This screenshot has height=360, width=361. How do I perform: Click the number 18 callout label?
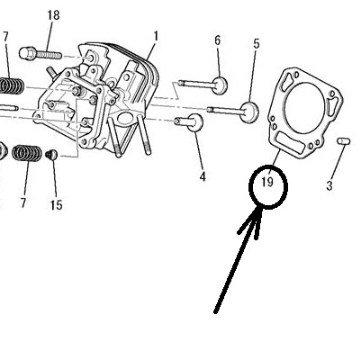[x=53, y=15]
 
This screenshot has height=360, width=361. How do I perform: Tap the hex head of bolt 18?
[x=27, y=53]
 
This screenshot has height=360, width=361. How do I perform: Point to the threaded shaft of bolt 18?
[x=49, y=55]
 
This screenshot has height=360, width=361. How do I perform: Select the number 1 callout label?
[x=156, y=37]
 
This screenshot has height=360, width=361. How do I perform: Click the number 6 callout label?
[x=217, y=40]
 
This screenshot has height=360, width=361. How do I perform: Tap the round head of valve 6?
[x=220, y=85]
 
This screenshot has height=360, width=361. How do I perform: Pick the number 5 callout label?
[x=256, y=44]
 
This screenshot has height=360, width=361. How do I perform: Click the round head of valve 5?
[x=249, y=112]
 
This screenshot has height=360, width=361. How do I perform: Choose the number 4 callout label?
[x=203, y=176]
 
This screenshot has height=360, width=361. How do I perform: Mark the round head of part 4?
[x=195, y=122]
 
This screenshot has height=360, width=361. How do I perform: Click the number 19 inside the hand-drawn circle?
[x=267, y=182]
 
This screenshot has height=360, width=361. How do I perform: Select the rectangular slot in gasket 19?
[x=290, y=142]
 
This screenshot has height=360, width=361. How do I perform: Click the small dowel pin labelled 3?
[x=343, y=140]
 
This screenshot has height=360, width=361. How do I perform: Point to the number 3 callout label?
[x=329, y=186]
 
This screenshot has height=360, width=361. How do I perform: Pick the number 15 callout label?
[x=56, y=205]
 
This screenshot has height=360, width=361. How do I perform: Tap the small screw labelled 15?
[x=51, y=154]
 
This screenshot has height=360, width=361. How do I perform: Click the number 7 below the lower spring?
[x=23, y=202]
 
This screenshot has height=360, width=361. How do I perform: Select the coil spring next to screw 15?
[x=27, y=153]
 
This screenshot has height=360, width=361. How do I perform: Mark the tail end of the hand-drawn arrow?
[x=215, y=312]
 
